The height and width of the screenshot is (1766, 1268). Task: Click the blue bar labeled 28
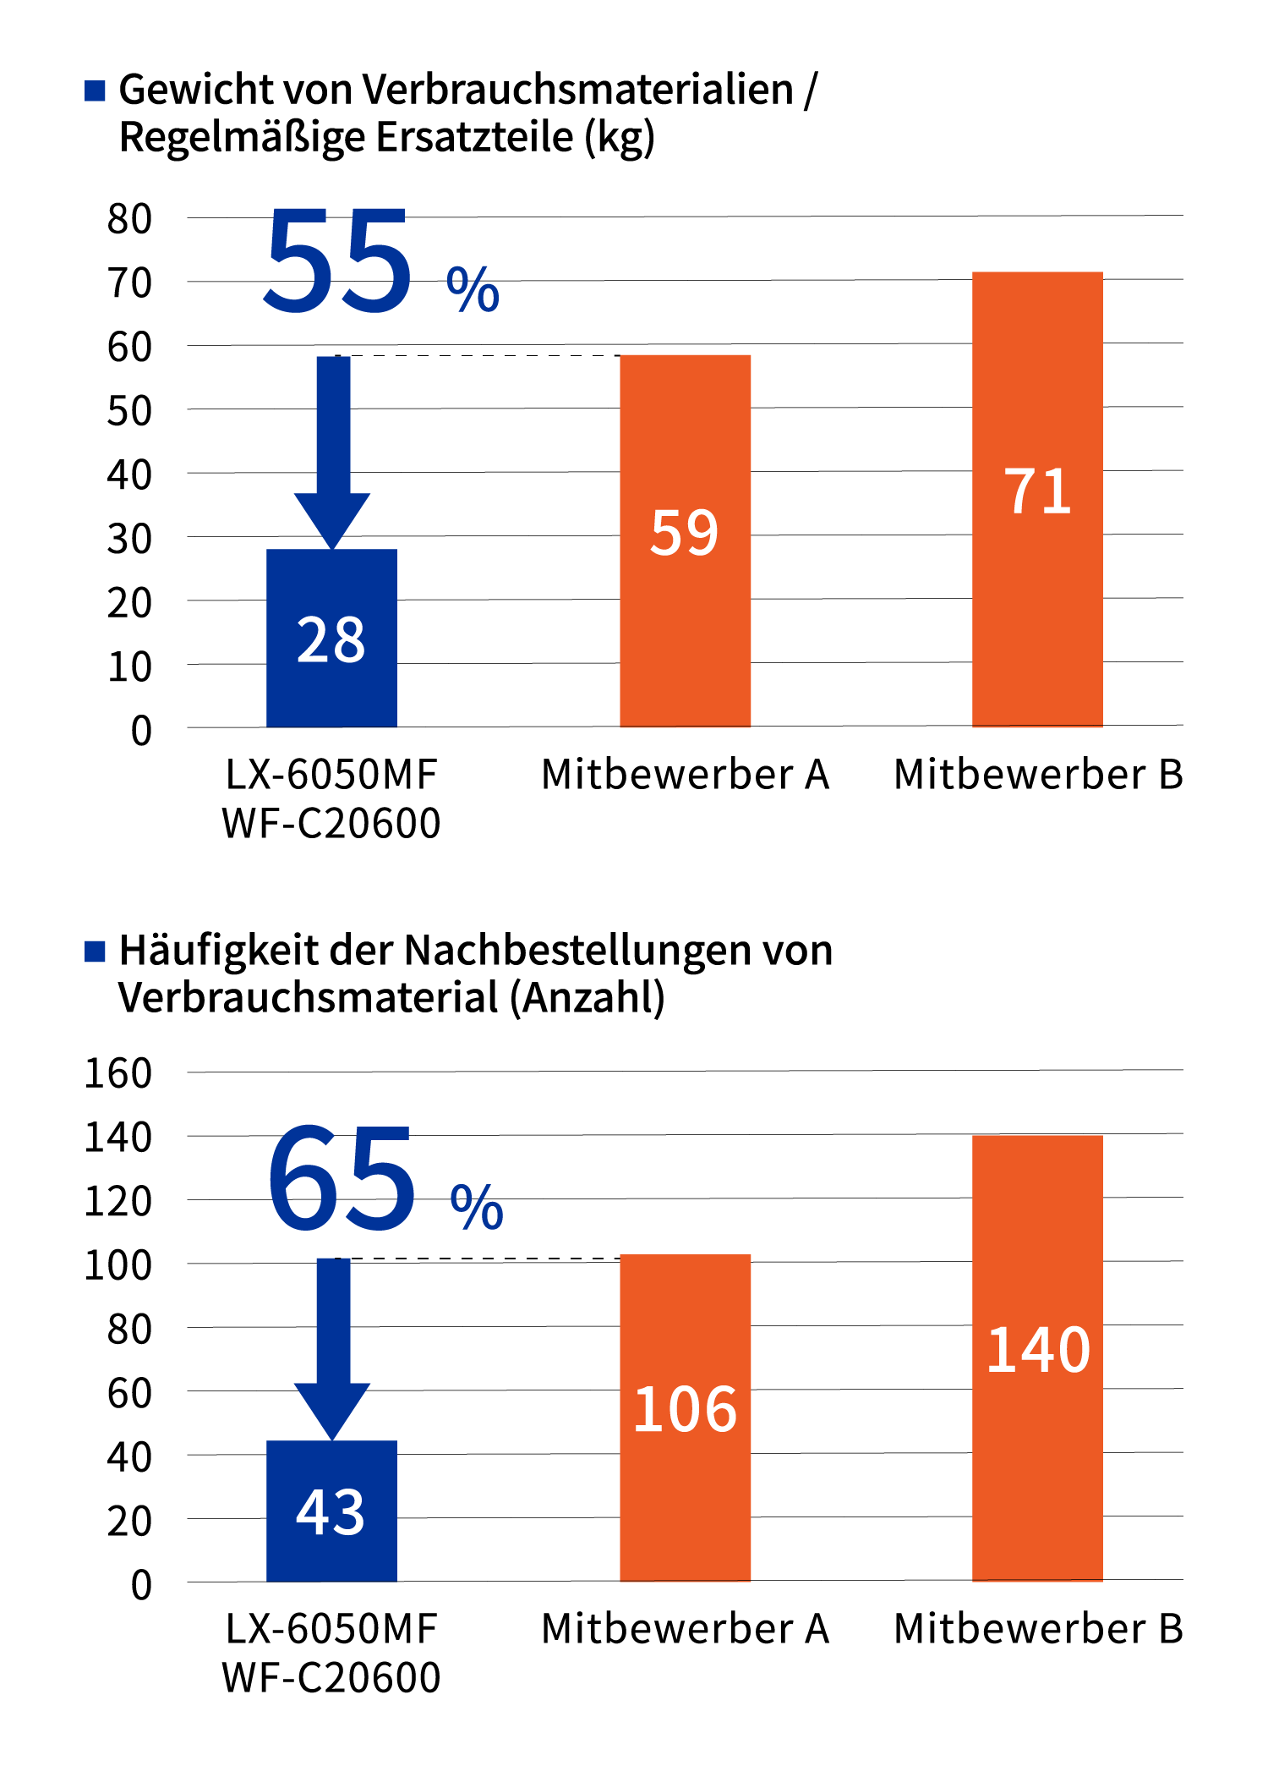tap(331, 639)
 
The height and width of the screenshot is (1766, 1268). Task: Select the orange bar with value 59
tap(685, 541)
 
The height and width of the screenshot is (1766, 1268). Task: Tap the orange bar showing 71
tap(1037, 499)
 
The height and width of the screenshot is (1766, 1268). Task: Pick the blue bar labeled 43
tap(331, 1511)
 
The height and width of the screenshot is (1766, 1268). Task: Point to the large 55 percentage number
tap(338, 262)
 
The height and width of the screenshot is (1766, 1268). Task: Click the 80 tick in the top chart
tap(129, 219)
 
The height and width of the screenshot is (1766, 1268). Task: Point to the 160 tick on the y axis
tap(118, 1073)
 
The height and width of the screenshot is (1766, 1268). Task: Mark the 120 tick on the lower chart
tap(118, 1201)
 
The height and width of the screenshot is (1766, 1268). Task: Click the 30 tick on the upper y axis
tap(129, 539)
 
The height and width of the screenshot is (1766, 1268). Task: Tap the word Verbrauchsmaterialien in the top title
tap(582, 90)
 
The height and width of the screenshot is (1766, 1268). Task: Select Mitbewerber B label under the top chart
tap(1038, 775)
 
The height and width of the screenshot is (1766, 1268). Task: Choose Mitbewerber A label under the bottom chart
tap(685, 1629)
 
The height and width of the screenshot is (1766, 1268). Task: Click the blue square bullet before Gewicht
tap(95, 90)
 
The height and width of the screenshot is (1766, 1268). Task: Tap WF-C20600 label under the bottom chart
tap(331, 1677)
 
